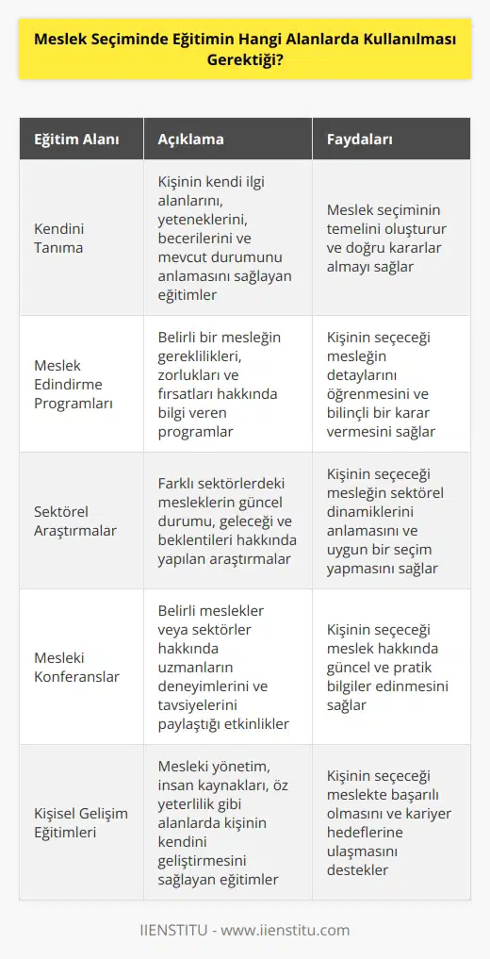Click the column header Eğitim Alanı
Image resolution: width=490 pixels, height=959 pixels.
70,140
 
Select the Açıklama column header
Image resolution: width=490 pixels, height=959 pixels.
190,140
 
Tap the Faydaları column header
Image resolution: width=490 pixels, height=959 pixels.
360,140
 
